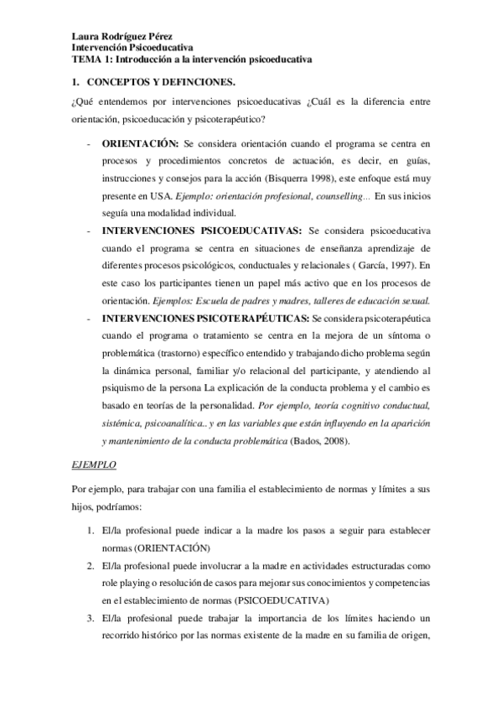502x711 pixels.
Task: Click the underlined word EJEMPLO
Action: coord(92,463)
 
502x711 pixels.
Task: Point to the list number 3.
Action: coord(90,618)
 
